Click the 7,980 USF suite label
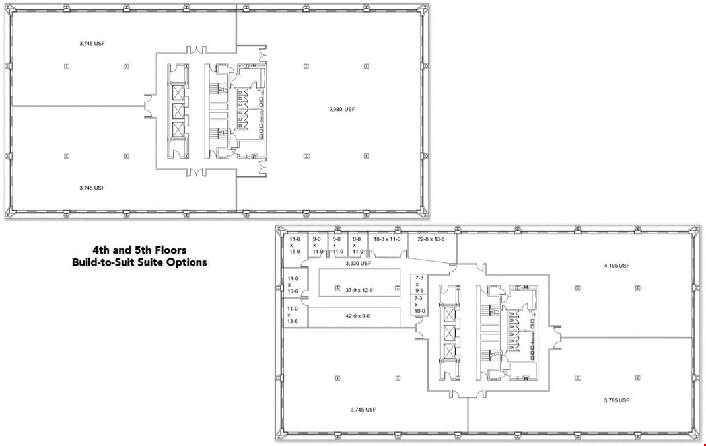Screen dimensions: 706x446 [342, 109]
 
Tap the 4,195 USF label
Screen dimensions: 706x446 [616, 266]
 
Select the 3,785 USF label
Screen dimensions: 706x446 [616, 400]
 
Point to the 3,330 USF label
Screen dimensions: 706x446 [358, 263]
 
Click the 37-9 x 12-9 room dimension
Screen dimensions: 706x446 [359, 290]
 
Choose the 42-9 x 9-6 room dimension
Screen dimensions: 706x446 [357, 316]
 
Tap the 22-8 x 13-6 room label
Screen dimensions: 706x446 [431, 239]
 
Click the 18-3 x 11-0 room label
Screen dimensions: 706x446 [387, 239]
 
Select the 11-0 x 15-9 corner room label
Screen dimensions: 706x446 [294, 245]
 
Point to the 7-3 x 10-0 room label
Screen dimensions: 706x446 [419, 305]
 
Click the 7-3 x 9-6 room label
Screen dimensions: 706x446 [419, 284]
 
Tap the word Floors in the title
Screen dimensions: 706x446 [170, 250]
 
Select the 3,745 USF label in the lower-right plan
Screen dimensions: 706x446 [363, 410]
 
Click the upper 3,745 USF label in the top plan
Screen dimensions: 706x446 [92, 43]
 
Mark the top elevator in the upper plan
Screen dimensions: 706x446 [178, 93]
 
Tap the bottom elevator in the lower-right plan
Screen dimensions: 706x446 [450, 351]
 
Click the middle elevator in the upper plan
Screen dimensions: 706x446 [178, 111]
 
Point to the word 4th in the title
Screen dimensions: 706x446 [101, 250]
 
